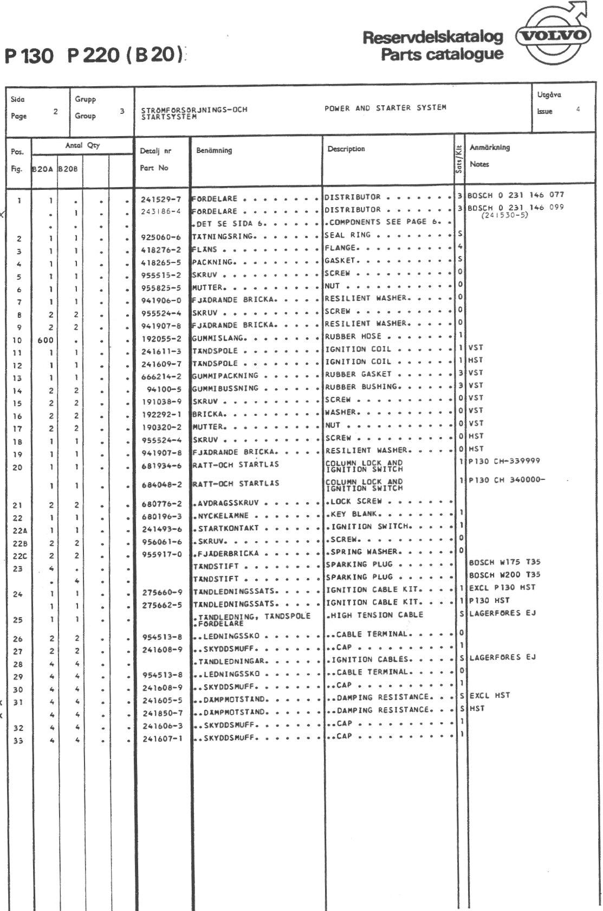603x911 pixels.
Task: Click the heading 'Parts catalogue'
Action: click(442, 55)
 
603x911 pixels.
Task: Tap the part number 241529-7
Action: click(161, 199)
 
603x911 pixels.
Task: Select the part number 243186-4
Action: click(161, 211)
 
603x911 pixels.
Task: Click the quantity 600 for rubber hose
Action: click(46, 341)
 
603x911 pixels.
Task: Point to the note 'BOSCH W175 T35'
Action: click(504, 562)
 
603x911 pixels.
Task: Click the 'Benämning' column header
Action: click(214, 150)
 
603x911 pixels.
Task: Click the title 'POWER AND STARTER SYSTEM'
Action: click(385, 108)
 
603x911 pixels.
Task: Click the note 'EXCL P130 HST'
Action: click(502, 587)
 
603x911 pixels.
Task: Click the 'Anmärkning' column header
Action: click(489, 147)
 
